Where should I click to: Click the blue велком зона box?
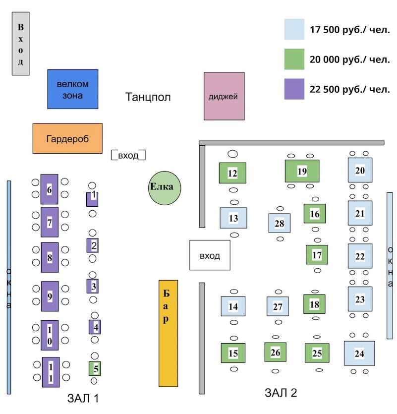tap(72, 89)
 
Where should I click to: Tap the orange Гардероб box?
tap(67, 138)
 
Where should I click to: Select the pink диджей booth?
tap(224, 96)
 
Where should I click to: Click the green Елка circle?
tap(165, 187)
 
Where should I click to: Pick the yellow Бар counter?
tap(168, 333)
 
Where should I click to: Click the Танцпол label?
tap(148, 97)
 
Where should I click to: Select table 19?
tap(302, 171)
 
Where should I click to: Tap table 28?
tap(280, 223)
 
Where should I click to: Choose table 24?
tap(359, 354)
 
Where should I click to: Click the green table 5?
tap(95, 368)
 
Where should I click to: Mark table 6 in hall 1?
tap(49, 189)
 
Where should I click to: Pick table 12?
tap(232, 173)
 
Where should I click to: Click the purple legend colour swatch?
tap(294, 89)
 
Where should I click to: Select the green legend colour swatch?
tap(294, 59)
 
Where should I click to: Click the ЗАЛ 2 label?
tap(281, 393)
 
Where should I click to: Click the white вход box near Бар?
tap(210, 255)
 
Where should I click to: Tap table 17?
tap(317, 255)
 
